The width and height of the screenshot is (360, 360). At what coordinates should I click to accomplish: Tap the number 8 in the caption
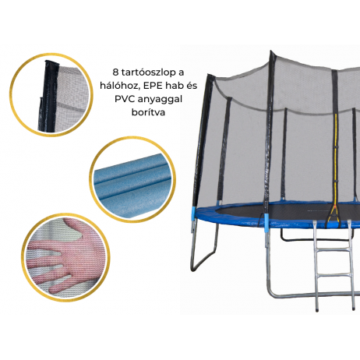pos(116,72)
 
